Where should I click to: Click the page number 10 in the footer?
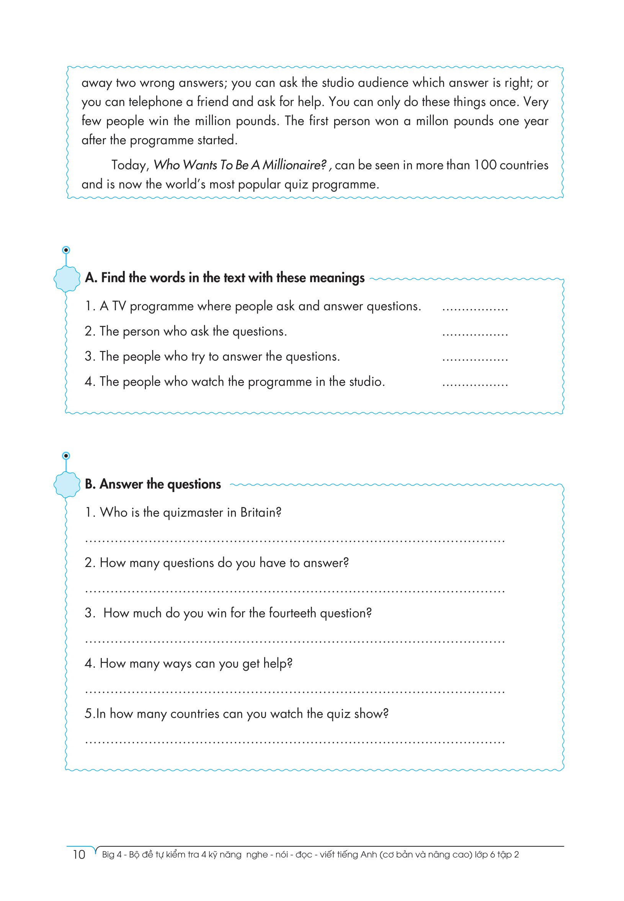point(78,854)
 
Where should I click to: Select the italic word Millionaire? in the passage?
point(294,165)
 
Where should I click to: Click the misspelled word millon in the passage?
point(432,121)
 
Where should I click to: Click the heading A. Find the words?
point(224,278)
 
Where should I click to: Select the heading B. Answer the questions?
point(153,484)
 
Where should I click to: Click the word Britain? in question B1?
point(261,512)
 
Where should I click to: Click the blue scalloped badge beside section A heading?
point(67,279)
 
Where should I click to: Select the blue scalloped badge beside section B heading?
point(67,484)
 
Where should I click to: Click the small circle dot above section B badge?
point(66,456)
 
